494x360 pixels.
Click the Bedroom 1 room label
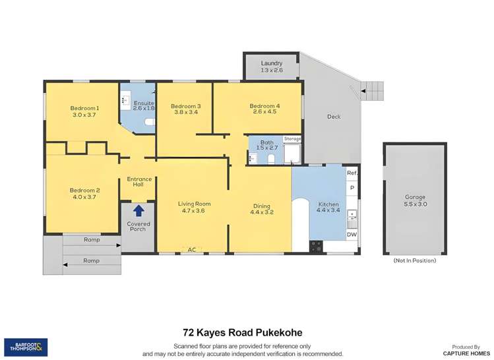[x=84, y=108]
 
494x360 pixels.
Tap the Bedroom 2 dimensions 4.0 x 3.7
[x=84, y=196]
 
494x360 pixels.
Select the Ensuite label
[x=144, y=104]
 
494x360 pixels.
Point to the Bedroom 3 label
[x=185, y=106]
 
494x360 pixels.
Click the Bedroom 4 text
[x=264, y=106]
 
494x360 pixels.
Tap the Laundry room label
[x=271, y=63]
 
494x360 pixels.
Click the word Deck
[x=334, y=117]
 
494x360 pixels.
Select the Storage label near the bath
[x=292, y=139]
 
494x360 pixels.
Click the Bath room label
[x=266, y=142]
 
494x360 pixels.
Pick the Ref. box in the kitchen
[x=352, y=173]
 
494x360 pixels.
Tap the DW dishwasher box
[x=352, y=234]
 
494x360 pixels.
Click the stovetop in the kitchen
[x=317, y=247]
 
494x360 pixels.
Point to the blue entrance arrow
[x=139, y=211]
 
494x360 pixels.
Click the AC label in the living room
[x=193, y=250]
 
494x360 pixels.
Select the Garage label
[x=415, y=197]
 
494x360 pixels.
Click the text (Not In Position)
[x=415, y=260]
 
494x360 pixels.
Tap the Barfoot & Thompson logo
[x=26, y=347]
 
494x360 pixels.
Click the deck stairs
[x=371, y=90]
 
